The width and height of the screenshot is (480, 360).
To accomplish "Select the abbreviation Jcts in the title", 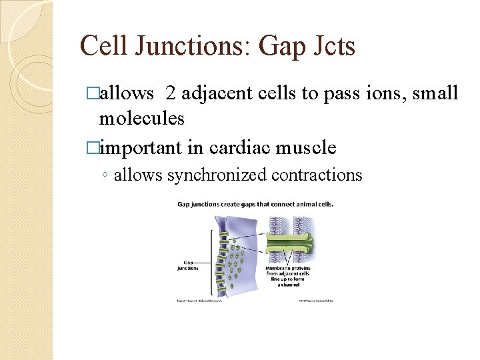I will [333, 47].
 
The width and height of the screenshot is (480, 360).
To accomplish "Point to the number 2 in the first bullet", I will [170, 94].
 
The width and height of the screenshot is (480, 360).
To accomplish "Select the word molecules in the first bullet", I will [141, 119].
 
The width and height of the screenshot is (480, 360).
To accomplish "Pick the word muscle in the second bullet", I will [307, 147].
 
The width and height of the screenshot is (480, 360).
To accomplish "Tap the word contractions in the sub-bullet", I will [319, 175].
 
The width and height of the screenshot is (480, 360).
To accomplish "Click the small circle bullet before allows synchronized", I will [105, 176].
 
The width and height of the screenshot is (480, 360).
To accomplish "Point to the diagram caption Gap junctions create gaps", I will [255, 204].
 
